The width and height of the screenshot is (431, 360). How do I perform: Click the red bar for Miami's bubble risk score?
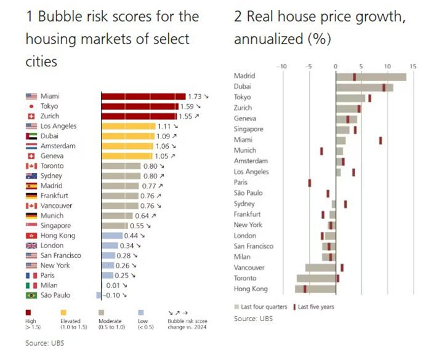tap(143, 96)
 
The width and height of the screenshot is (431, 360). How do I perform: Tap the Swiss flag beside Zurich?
tap(31, 116)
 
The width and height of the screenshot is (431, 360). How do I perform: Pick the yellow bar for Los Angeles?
tap(128, 126)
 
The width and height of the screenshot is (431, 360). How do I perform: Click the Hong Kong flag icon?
tap(31, 236)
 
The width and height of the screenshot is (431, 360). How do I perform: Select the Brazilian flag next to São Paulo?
tap(31, 295)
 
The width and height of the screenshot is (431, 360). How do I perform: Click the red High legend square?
tap(28, 313)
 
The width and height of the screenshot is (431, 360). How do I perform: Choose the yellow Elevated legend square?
tap(62, 313)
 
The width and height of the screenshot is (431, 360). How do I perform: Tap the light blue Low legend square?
tap(141, 313)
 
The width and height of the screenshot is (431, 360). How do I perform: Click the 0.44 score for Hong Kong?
tap(131, 236)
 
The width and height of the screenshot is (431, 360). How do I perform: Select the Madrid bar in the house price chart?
tap(371, 76)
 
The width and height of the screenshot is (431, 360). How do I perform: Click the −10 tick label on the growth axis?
tap(282, 65)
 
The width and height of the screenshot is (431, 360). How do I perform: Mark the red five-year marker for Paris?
tap(310, 183)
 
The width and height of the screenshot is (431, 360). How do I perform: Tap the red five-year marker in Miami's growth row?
tap(381, 140)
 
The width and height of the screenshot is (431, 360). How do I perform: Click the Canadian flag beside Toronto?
tap(31, 166)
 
